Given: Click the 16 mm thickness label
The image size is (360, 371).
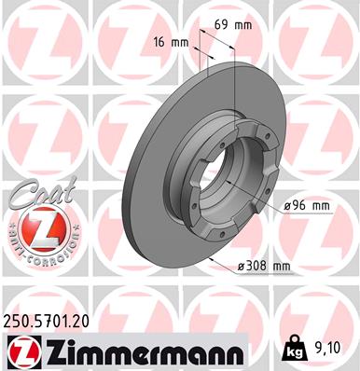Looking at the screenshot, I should click(x=168, y=44).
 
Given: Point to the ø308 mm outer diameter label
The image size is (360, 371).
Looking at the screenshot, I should click(x=265, y=267).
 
